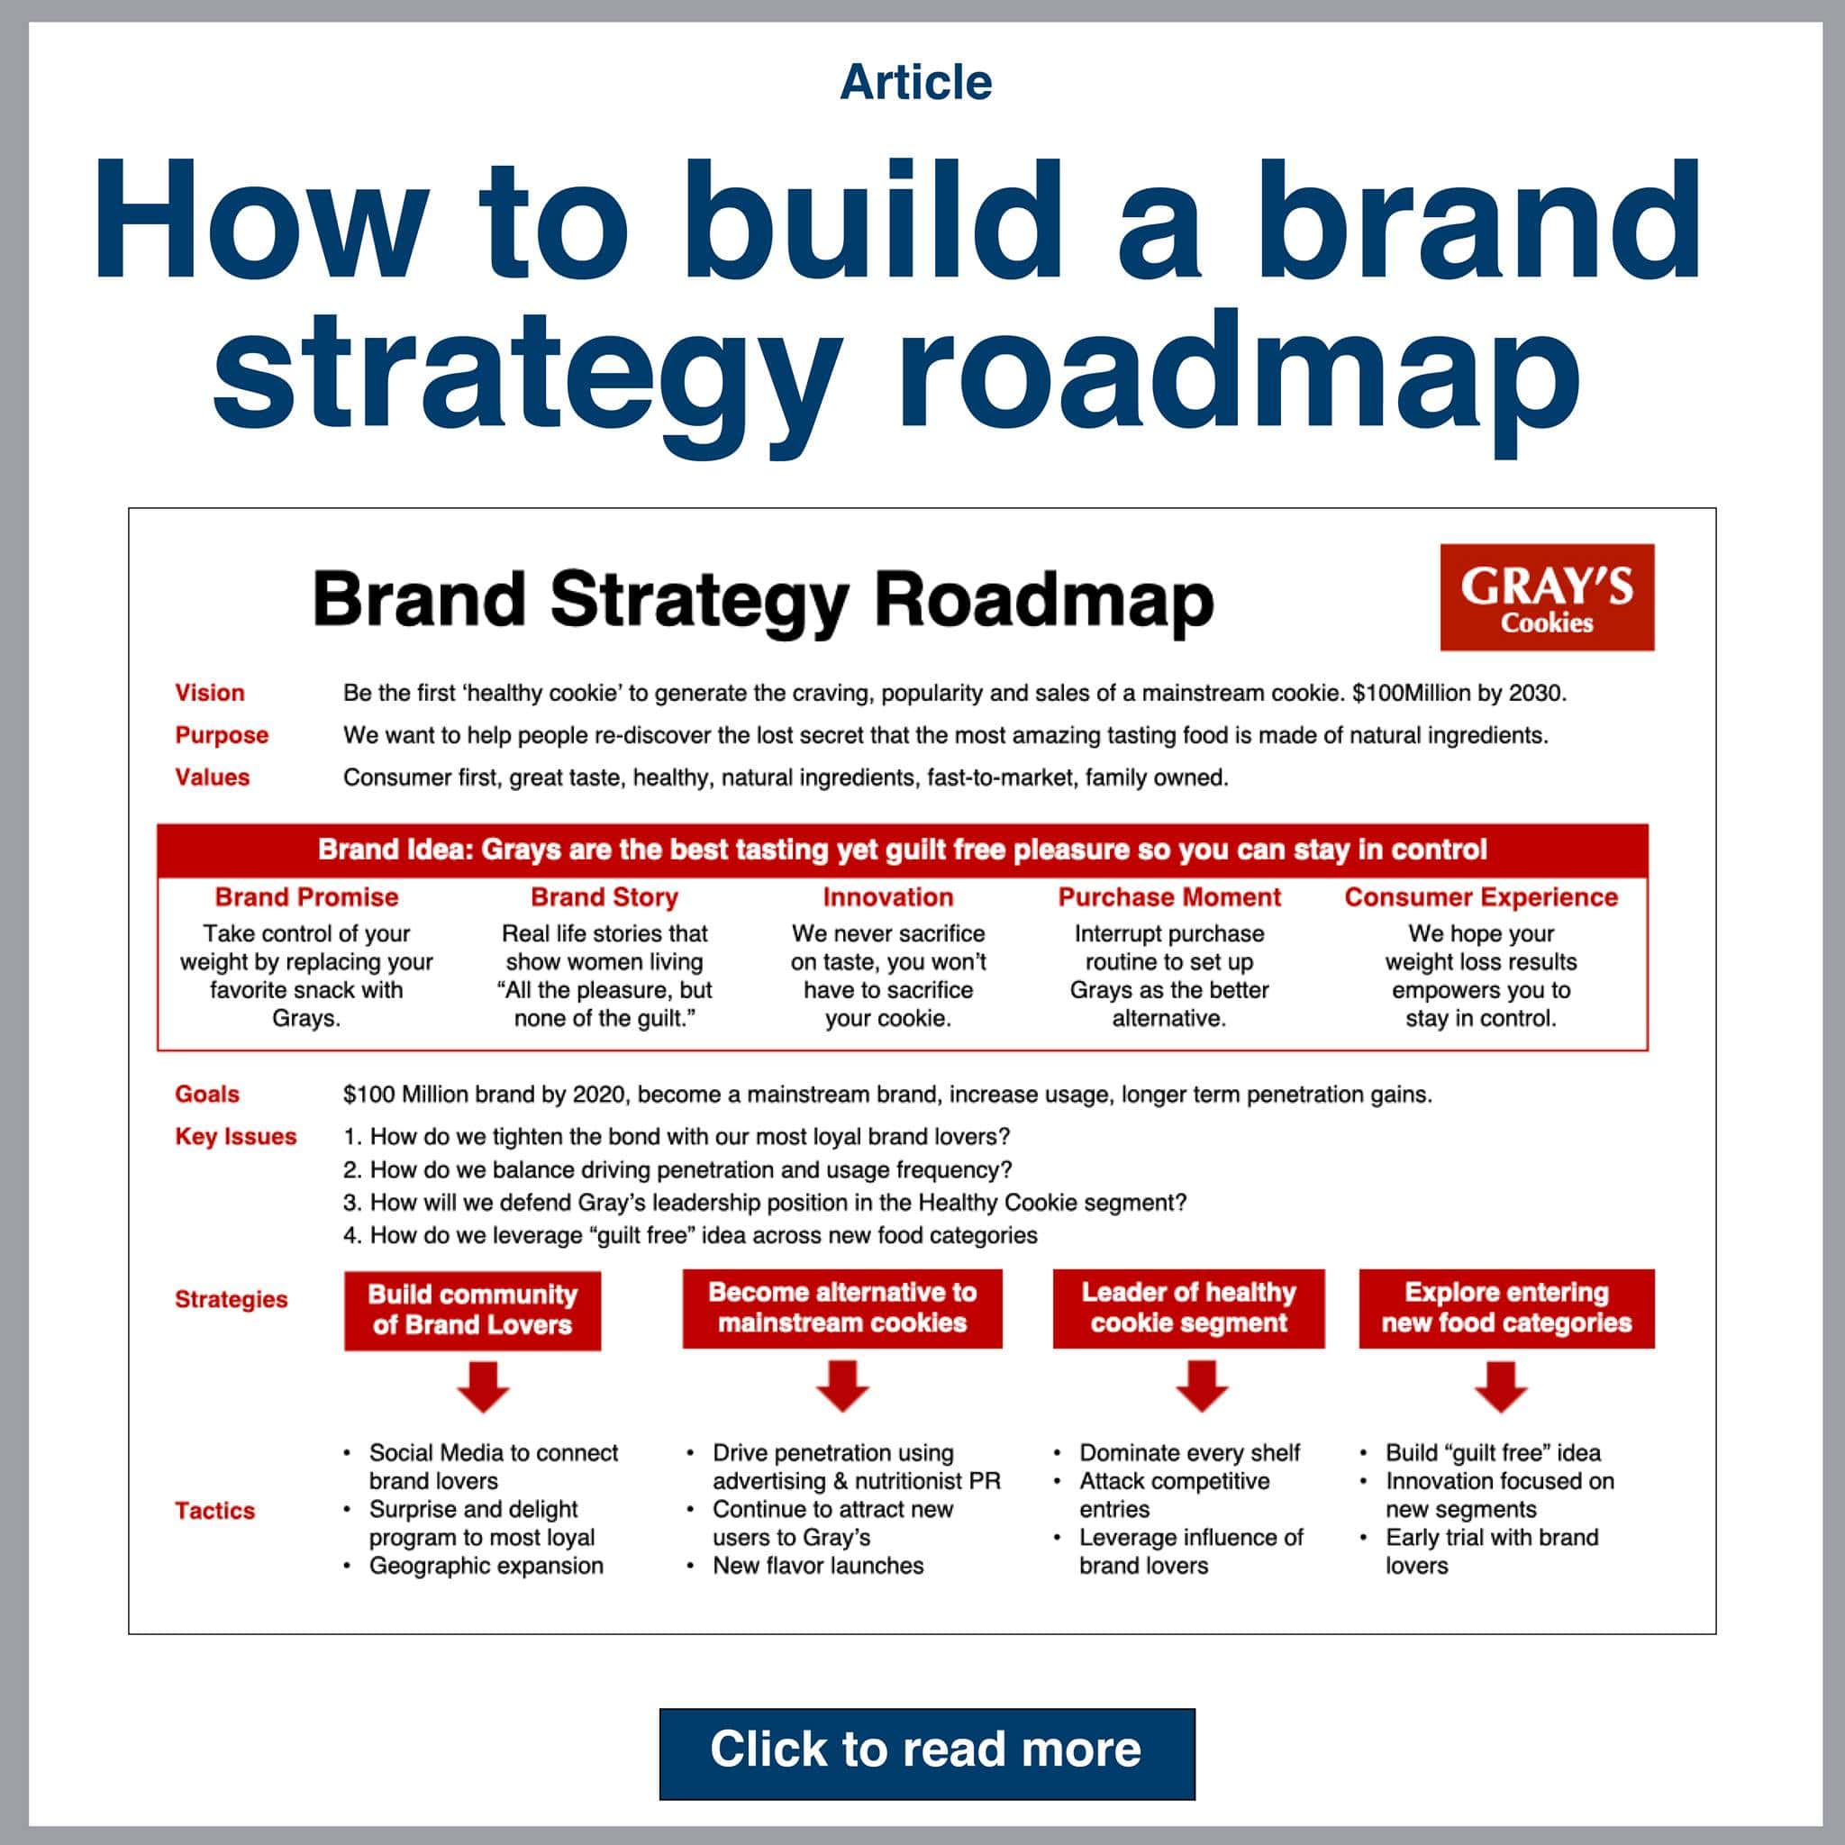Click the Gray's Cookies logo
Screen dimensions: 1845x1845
tap(1546, 597)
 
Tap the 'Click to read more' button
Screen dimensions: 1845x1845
tap(926, 1750)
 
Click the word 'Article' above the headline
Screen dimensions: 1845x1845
tap(916, 82)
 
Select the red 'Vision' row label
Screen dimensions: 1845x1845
tap(209, 693)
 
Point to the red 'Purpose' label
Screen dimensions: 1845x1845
tap(222, 734)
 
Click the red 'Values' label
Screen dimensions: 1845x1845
tap(212, 777)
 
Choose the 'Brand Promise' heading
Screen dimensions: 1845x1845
tap(306, 896)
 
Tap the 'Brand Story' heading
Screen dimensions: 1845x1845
tap(604, 896)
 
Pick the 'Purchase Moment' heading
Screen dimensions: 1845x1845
tap(1168, 896)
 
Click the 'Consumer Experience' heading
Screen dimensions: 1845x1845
tap(1480, 896)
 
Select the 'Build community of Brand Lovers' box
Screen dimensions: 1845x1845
tap(473, 1309)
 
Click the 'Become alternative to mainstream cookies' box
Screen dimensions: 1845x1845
tap(842, 1307)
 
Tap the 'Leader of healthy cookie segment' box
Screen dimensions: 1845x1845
tap(1188, 1307)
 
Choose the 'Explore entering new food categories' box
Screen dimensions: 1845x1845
tap(1506, 1307)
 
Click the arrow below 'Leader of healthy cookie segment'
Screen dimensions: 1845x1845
tap(1202, 1386)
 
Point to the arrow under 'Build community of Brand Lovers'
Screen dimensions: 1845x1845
tap(483, 1386)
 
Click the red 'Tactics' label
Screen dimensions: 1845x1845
tap(215, 1510)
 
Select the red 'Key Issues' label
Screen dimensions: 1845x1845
tap(236, 1136)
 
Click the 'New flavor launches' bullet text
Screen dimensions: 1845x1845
tap(817, 1565)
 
